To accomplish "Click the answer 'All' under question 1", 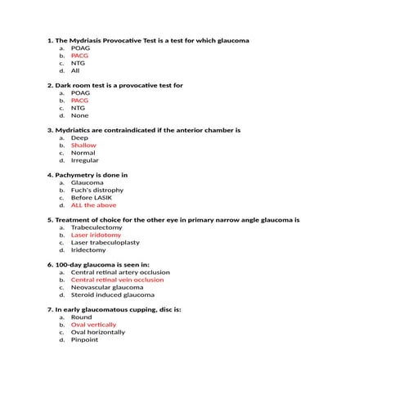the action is pos(75,70).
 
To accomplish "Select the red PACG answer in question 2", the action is pos(79,101).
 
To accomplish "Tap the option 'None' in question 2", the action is pos(79,115).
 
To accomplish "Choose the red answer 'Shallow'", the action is pos(83,146).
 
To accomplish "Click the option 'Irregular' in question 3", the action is pos(84,160).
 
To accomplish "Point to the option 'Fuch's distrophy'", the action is pos(97,191).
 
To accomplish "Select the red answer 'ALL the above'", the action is pos(93,205).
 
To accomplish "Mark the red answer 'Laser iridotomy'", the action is pos(96,235).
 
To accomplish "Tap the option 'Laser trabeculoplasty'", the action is pos(105,242).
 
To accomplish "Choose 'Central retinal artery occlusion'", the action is pos(120,272).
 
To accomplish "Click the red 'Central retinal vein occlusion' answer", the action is pos(117,280).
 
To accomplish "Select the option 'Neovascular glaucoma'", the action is pos(106,287).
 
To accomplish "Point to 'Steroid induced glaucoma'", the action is pos(112,294).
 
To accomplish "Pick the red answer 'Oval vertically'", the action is pos(93,325).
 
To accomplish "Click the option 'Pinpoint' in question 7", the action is pos(84,339).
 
